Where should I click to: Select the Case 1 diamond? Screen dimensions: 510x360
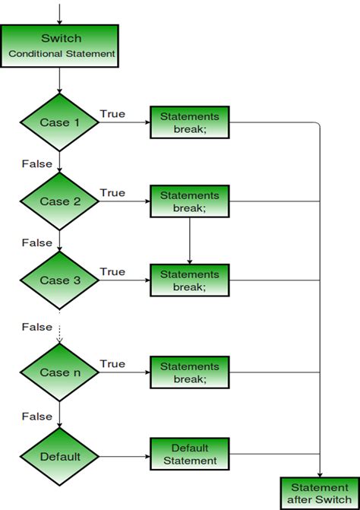[60, 122]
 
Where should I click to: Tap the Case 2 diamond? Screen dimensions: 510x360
[60, 201]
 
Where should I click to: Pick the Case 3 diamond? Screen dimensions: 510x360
[60, 280]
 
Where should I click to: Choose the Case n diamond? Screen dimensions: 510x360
[60, 372]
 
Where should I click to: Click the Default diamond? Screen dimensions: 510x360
[60, 457]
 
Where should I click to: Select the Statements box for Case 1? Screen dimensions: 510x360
[189, 122]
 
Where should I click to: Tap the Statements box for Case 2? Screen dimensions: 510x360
[189, 201]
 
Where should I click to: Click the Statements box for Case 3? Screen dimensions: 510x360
[189, 280]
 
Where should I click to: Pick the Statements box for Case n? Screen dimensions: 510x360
[189, 372]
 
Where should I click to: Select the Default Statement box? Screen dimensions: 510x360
[189, 455]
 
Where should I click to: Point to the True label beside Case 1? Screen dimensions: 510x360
[112, 114]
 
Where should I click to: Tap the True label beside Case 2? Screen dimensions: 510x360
[112, 193]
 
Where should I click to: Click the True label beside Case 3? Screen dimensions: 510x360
[112, 272]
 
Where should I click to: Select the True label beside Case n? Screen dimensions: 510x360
[112, 364]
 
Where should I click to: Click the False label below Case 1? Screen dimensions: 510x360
[36, 164]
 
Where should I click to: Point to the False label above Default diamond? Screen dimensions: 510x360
[36, 417]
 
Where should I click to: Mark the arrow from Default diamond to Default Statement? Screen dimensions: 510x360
[125, 457]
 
